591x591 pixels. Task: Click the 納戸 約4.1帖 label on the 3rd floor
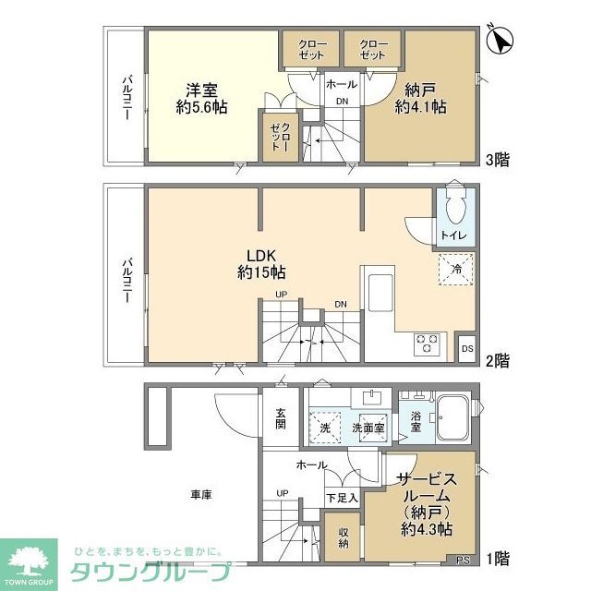(x=424, y=99)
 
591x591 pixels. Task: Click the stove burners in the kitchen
(x=428, y=343)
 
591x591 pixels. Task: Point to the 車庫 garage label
(x=201, y=495)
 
